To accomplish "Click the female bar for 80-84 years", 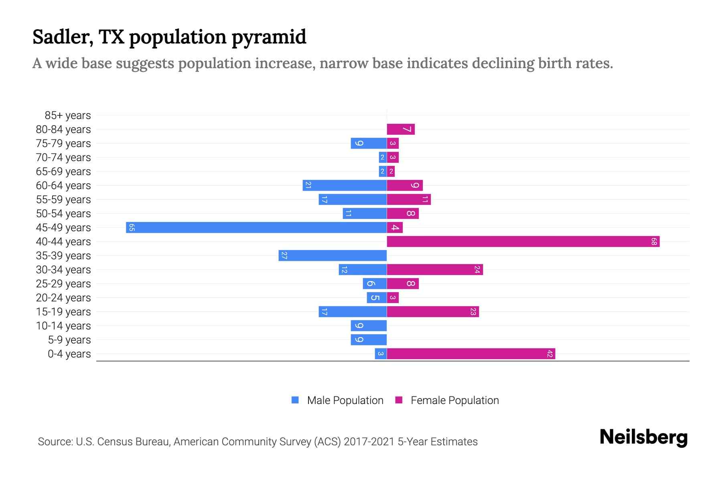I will click(400, 129).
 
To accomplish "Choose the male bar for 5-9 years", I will click(368, 340).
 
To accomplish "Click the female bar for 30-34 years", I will click(434, 270).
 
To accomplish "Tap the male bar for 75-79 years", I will click(368, 143).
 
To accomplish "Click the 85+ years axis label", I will click(67, 115).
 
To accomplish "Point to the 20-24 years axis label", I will click(63, 298).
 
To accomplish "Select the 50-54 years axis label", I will click(63, 214).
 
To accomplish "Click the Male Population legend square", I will click(295, 400).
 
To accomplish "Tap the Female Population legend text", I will click(454, 400).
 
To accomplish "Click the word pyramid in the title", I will click(269, 37).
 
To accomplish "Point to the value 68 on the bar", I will click(654, 242).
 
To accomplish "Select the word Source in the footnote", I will click(55, 442).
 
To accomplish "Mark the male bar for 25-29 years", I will click(374, 284).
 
